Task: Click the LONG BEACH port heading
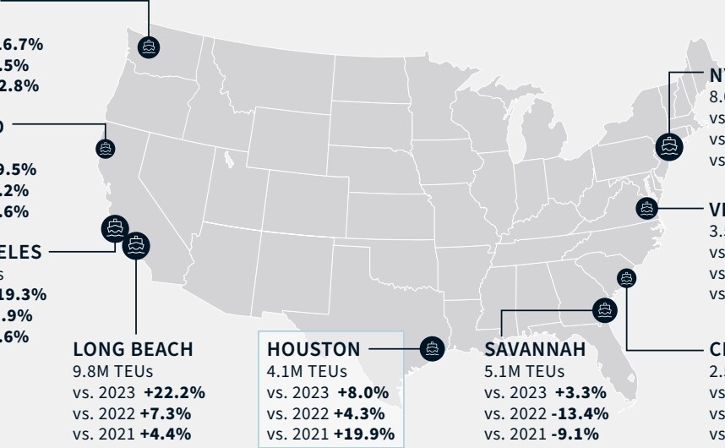[133, 349]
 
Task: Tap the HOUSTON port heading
[313, 349]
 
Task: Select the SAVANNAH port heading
[535, 349]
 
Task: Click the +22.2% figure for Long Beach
[174, 392]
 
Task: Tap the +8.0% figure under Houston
[362, 392]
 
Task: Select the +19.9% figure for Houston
[363, 434]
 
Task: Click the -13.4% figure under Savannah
[579, 413]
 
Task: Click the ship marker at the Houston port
[433, 348]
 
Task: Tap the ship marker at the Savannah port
[603, 309]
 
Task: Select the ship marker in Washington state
[149, 47]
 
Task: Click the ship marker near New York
[669, 145]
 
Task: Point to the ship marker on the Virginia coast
[647, 208]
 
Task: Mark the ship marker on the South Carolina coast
[626, 276]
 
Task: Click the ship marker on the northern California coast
[106, 149]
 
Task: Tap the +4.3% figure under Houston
[359, 413]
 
